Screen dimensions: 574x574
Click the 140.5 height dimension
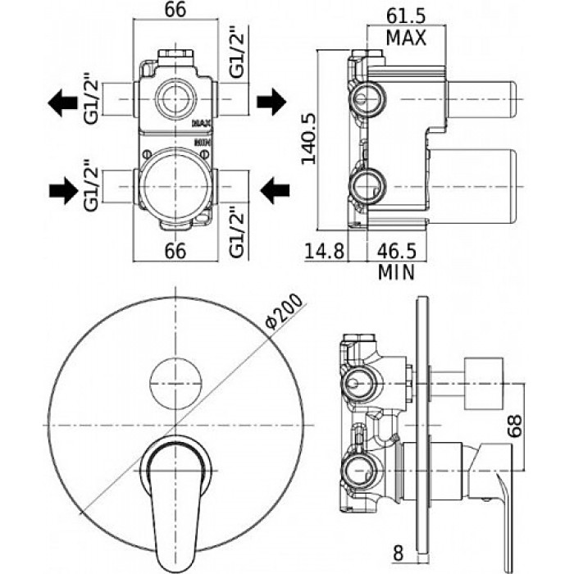click(x=308, y=139)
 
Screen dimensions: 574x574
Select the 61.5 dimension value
click(x=407, y=16)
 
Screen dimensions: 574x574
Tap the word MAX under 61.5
click(x=407, y=38)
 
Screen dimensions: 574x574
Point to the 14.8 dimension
click(x=325, y=251)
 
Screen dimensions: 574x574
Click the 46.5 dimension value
click(x=397, y=251)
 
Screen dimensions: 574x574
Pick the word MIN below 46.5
click(x=396, y=273)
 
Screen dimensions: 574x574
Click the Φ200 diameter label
click(x=285, y=311)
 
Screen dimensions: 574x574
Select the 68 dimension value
click(x=516, y=426)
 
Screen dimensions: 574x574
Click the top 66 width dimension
click(x=175, y=10)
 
